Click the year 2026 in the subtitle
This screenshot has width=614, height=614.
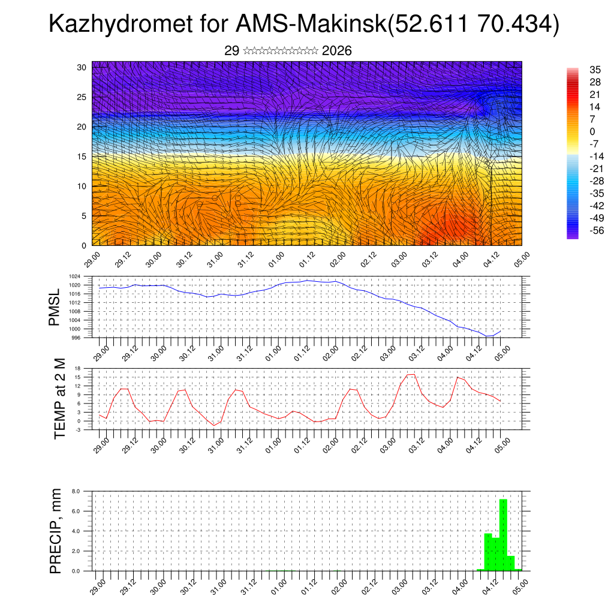336,51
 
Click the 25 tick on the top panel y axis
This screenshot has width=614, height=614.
82,97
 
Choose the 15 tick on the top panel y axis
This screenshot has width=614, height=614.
82,156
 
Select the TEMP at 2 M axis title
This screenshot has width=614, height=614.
59,398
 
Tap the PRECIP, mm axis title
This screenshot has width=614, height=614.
56,531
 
